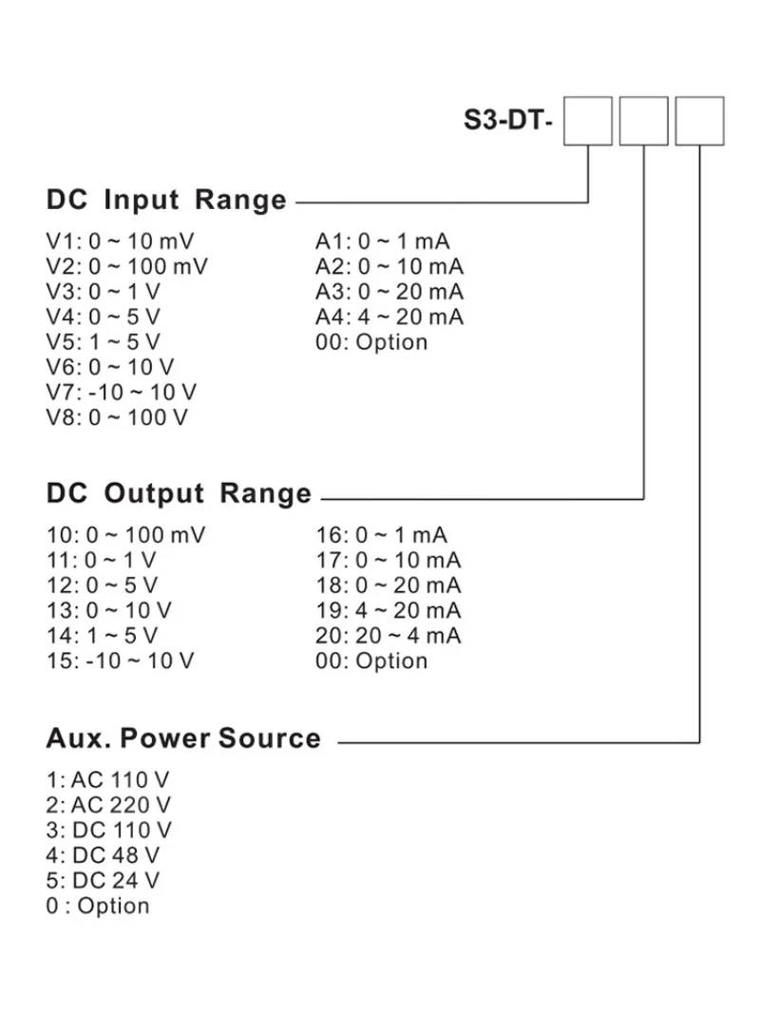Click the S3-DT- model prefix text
pos(507,122)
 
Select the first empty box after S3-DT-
pos(587,121)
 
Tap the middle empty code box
pos(643,121)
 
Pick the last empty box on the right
pos(699,121)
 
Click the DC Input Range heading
pos(166,201)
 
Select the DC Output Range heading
pos(179,493)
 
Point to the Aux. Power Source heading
pos(183,738)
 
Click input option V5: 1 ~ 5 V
pos(104,342)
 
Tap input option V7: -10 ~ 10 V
pos(122,392)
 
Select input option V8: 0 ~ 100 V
pos(117,417)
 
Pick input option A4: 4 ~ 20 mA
pos(389,316)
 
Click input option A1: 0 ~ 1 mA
pos(383,241)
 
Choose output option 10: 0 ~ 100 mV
pos(125,536)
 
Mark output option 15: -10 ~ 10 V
pos(120,661)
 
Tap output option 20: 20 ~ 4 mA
pos(388,636)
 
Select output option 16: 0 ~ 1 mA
pos(381,536)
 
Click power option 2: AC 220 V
pos(108,806)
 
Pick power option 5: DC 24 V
pos(103,881)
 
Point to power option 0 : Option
pos(97,906)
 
